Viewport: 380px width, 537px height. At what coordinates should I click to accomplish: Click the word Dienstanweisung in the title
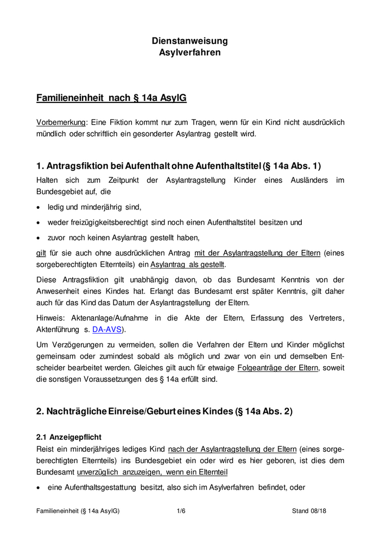coord(189,41)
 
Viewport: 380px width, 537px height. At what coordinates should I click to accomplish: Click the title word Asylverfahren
coord(189,53)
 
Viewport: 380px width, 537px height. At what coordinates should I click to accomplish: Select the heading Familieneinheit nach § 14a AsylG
coord(111,98)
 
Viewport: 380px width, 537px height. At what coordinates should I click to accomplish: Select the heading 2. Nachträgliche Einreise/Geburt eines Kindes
coord(164,411)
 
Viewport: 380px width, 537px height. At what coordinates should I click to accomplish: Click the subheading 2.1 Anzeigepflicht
coord(68,437)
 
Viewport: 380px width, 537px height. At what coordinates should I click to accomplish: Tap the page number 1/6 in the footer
coord(181,511)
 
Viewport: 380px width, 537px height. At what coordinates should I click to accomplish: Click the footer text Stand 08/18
coord(309,511)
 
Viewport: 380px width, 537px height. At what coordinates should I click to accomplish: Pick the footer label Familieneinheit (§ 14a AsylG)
coord(78,511)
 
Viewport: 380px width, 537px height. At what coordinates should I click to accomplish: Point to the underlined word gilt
coord(41,253)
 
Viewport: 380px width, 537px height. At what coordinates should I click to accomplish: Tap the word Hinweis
coord(51,318)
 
